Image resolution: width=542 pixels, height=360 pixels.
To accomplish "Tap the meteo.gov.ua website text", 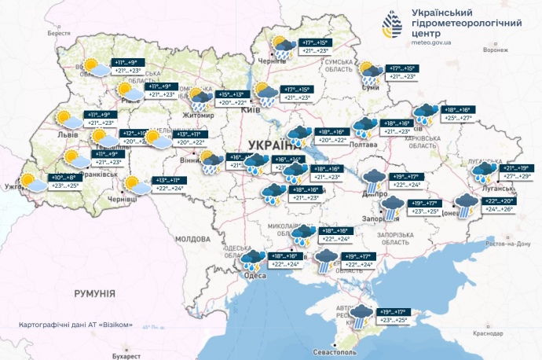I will (430, 42).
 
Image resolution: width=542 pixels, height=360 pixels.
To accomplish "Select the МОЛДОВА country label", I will (193, 237).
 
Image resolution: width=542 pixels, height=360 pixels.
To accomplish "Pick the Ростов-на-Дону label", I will (508, 244).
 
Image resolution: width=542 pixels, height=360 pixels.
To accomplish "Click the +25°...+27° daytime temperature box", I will (460, 119).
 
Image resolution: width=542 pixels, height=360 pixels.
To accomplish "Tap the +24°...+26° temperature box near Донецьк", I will (497, 209).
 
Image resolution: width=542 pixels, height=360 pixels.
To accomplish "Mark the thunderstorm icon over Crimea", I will (361, 316).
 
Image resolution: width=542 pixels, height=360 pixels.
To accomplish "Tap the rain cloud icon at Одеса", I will (253, 260).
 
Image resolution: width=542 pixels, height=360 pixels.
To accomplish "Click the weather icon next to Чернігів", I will (282, 46).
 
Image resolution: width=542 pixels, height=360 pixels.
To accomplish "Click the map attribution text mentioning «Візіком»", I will (75, 325).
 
